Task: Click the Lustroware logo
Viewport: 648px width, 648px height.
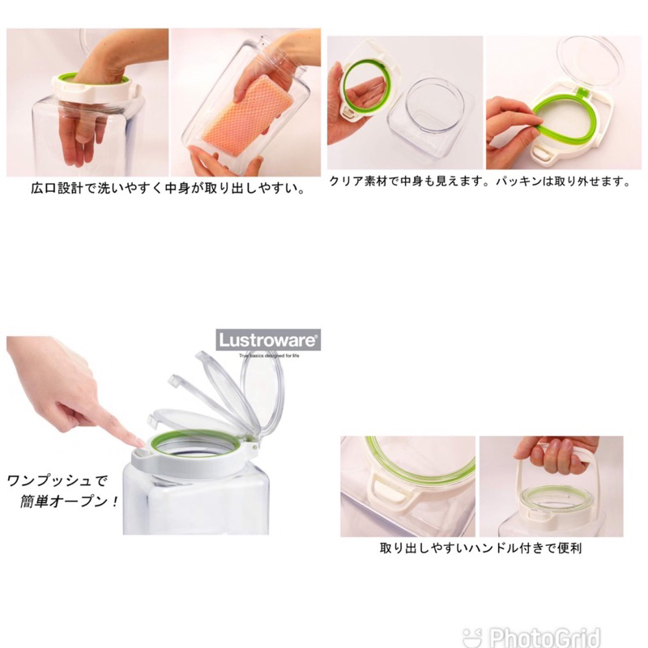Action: [x=268, y=338]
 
